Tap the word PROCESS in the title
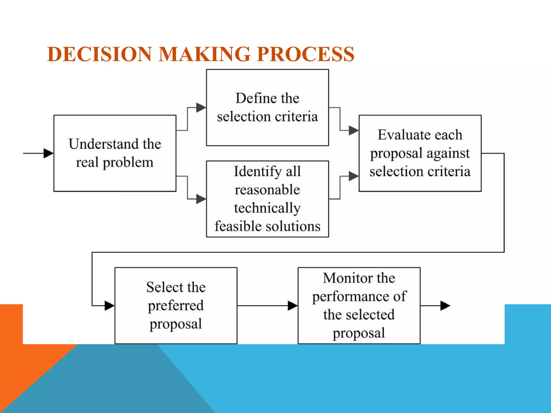(305, 54)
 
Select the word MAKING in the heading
(204, 54)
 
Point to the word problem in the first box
(128, 163)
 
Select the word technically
(267, 208)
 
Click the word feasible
(236, 226)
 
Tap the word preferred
(176, 306)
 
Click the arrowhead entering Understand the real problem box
(48, 153)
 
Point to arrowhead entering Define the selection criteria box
(201, 108)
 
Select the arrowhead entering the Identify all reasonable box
(201, 199)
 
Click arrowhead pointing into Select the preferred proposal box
(110, 306)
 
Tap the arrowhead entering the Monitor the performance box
(293, 306)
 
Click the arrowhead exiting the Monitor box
(445, 306)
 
